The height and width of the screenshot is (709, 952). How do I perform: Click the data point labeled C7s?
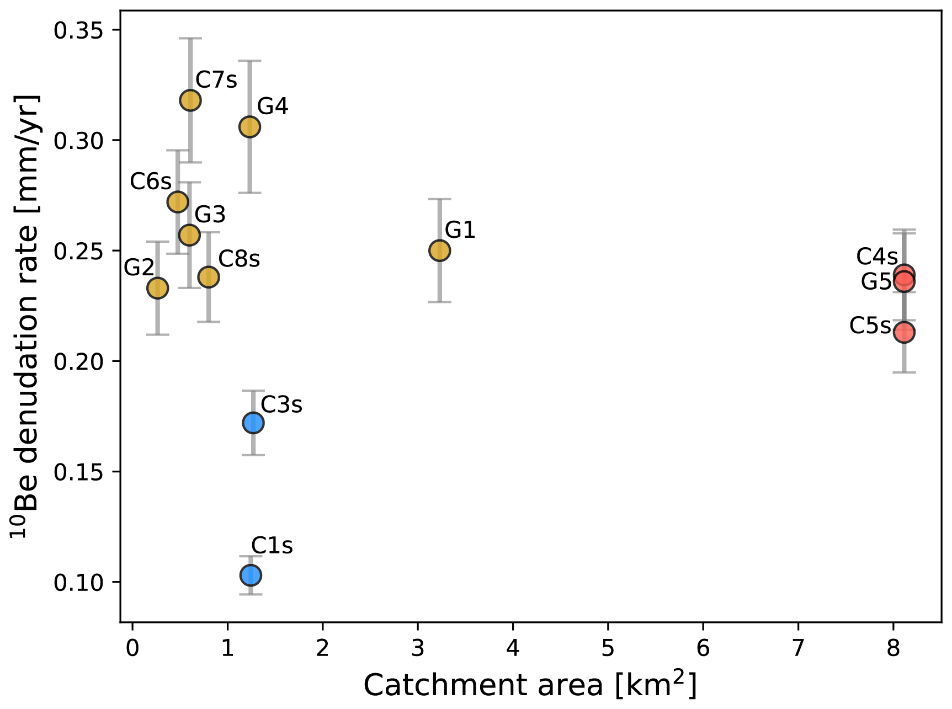click(190, 100)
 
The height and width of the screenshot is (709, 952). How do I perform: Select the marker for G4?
click(249, 127)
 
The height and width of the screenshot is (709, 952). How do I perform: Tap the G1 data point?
click(439, 250)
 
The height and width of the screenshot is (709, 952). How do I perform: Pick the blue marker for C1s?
click(251, 575)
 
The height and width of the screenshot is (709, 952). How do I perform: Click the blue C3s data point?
click(253, 423)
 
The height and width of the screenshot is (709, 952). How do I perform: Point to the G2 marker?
click(157, 287)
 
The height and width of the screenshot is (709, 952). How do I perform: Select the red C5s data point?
click(904, 332)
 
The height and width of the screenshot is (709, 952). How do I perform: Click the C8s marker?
click(209, 276)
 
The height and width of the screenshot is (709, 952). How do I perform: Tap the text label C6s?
click(150, 182)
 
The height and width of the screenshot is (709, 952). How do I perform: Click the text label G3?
click(210, 215)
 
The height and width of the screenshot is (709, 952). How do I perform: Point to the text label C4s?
click(876, 257)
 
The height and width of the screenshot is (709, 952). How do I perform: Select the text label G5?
click(876, 282)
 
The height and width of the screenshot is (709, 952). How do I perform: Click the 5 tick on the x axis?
click(608, 649)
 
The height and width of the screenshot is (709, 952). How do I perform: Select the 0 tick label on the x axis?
click(132, 649)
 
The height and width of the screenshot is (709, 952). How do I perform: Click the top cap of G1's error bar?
click(439, 199)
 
